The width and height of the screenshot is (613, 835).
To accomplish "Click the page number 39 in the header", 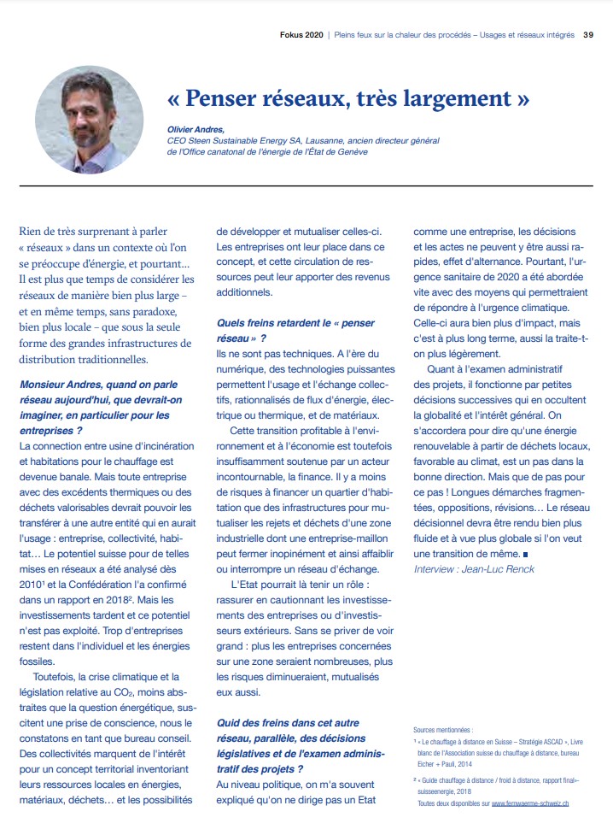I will coord(588,35).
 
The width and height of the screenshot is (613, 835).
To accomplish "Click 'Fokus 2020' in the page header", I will coord(301,35).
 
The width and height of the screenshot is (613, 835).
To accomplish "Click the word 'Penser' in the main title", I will coord(244,98).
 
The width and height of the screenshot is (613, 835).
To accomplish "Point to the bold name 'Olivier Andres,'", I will coord(196,128).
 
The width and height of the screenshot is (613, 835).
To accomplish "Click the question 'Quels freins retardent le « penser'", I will coord(295,323).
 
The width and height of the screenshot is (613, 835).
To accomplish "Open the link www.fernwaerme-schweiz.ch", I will coord(530,804).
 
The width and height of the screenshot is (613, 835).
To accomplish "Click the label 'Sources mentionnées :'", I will coord(442,731).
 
